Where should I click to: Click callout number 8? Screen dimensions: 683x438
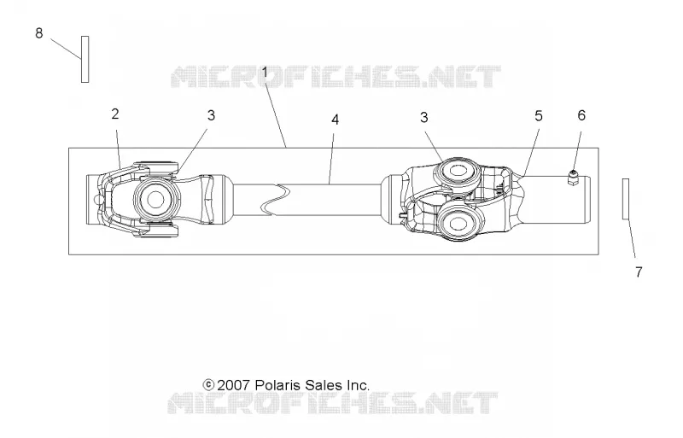click(39, 33)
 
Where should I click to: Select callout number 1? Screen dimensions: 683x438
click(265, 73)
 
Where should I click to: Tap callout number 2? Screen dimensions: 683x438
click(115, 114)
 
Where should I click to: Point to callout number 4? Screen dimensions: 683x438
click(335, 120)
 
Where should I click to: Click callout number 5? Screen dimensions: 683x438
click(539, 116)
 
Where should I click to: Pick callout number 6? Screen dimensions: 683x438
click(581, 115)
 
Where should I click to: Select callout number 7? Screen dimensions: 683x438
click(639, 272)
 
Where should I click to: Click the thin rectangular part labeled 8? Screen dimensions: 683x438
click(85, 59)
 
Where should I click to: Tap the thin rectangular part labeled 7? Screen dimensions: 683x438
click(626, 199)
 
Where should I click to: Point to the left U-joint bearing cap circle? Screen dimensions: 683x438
click(155, 199)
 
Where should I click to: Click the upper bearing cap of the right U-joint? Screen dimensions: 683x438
click(457, 172)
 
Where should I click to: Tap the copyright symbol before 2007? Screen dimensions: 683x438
click(208, 385)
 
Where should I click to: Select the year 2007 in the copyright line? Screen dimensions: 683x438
click(233, 385)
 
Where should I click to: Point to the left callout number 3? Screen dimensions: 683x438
click(211, 115)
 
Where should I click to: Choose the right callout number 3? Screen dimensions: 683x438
click(423, 117)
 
